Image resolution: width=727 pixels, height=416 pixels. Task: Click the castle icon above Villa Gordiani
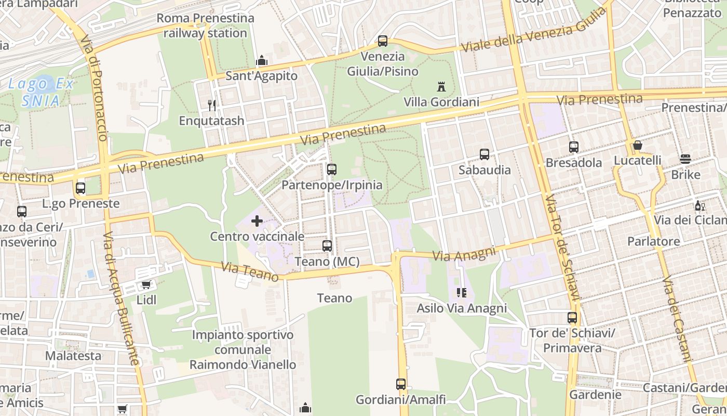point(441,86)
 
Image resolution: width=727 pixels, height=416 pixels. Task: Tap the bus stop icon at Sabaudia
point(484,154)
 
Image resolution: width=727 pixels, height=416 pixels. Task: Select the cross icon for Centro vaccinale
point(257,221)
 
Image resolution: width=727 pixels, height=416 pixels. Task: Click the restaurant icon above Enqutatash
point(211,106)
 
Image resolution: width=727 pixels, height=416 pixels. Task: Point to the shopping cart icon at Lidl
point(146,284)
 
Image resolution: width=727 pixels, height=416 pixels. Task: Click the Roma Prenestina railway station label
point(205,25)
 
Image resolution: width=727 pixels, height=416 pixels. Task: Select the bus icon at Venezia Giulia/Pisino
point(383,41)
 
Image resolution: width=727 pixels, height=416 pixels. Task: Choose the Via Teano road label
point(250,271)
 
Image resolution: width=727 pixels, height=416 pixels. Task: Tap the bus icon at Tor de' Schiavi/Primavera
point(572,317)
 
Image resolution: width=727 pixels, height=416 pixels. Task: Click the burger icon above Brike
point(685,159)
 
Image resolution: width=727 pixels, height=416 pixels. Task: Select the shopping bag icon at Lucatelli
point(637,145)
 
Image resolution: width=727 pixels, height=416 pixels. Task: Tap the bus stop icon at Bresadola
point(573,147)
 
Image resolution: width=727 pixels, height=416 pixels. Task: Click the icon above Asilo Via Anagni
point(461,293)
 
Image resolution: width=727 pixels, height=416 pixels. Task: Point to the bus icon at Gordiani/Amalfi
point(400,384)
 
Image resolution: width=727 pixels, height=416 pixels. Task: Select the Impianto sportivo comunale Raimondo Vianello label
point(243,349)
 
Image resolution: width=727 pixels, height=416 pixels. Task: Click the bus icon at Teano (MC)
point(327,246)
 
